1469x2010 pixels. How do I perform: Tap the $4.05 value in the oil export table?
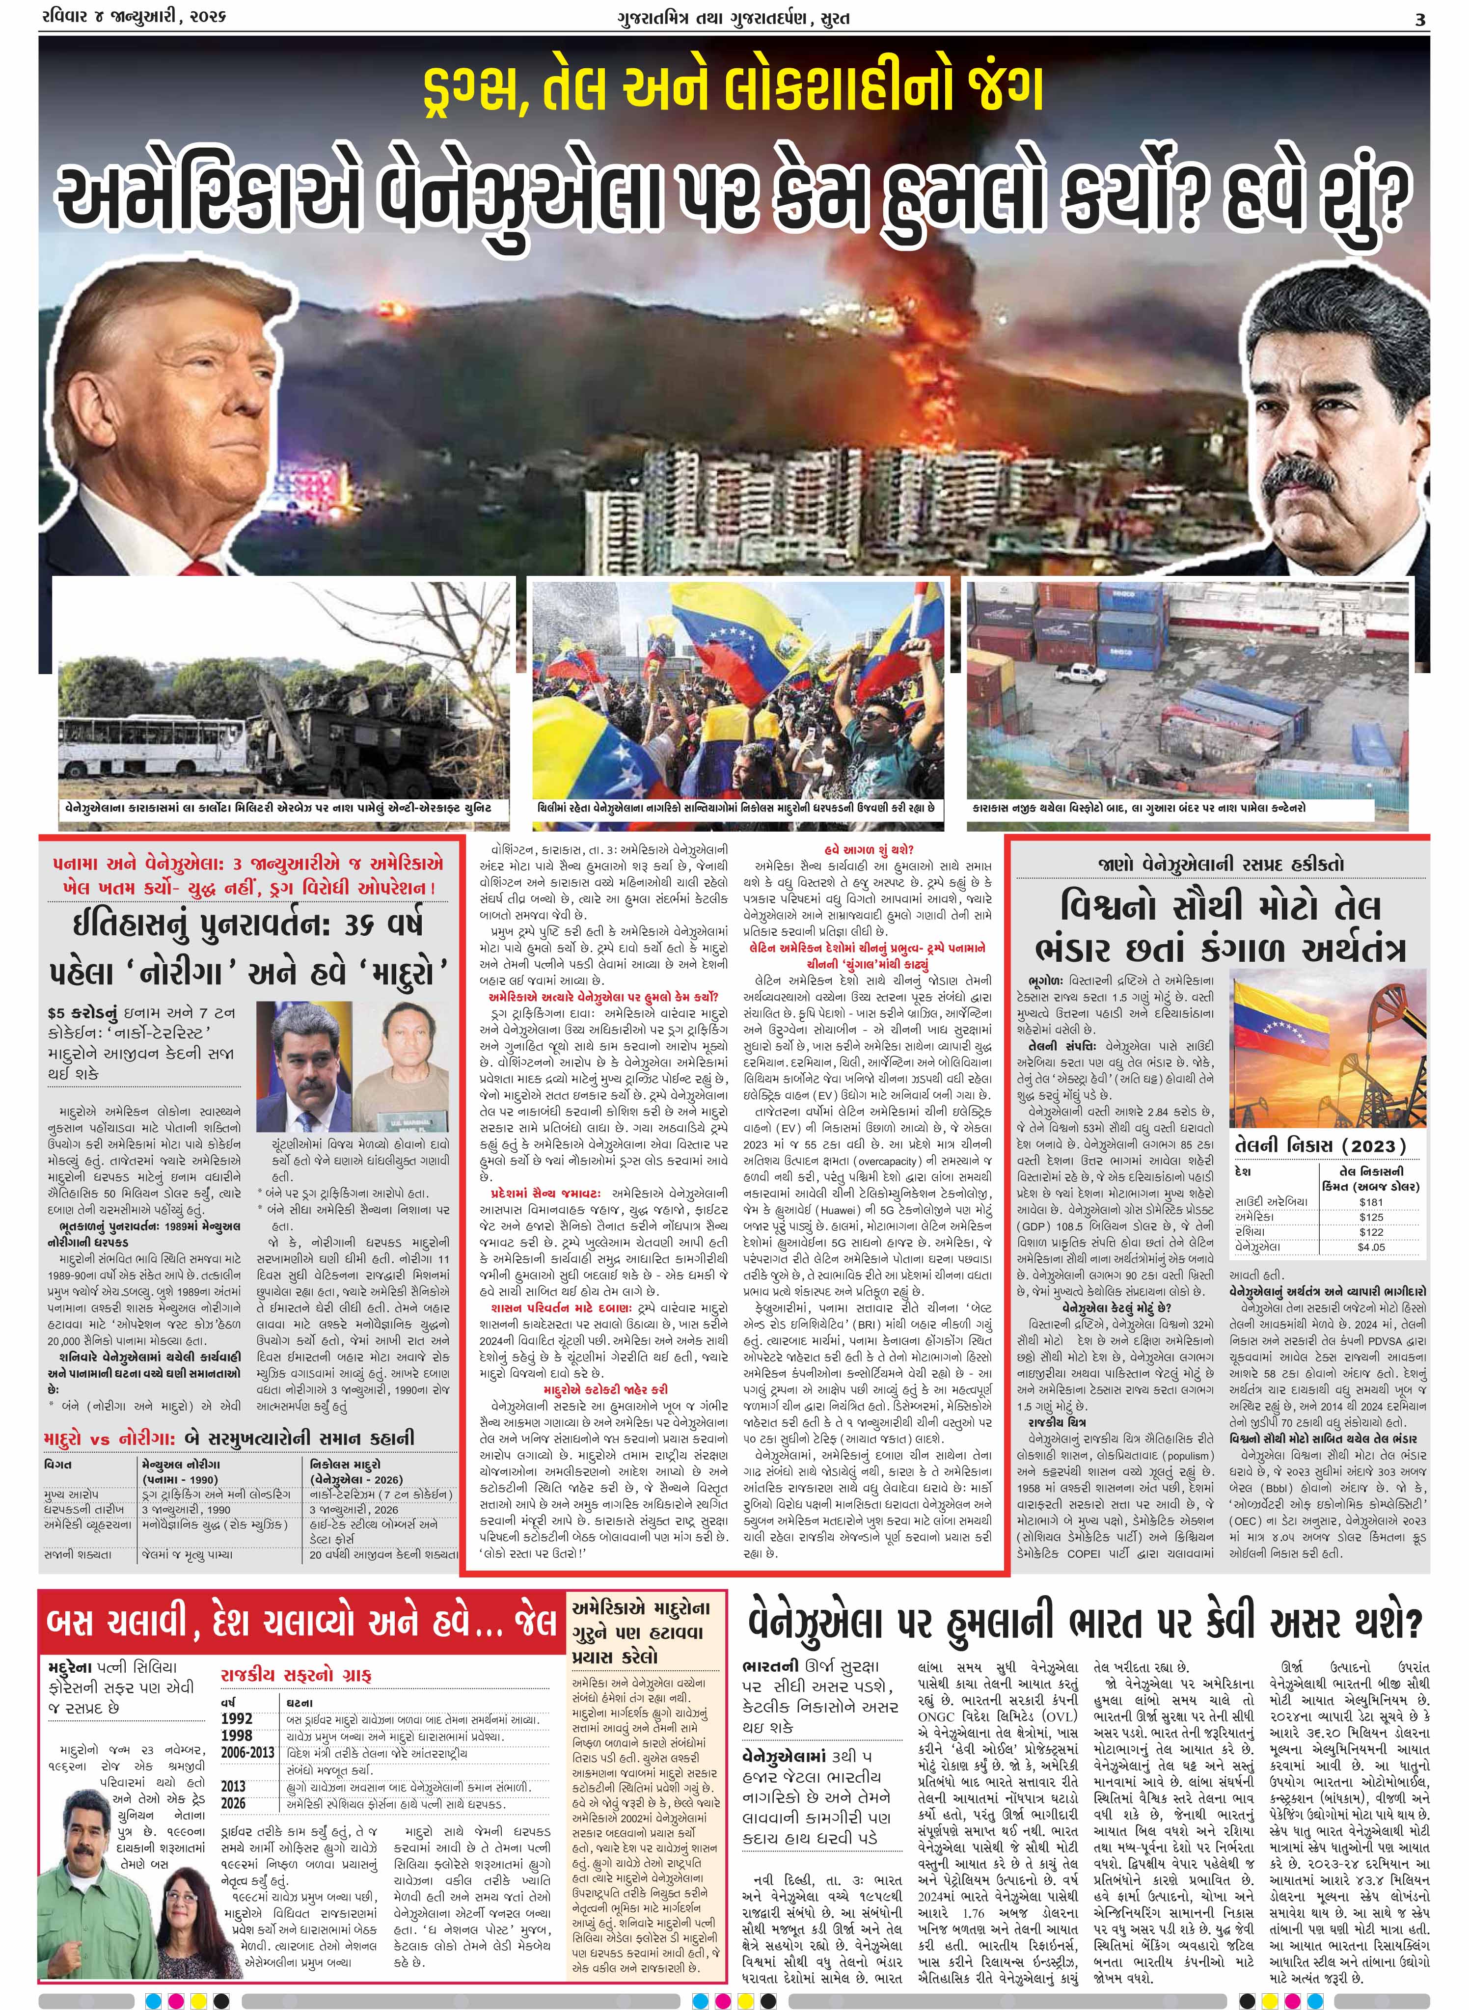tap(1371, 1247)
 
